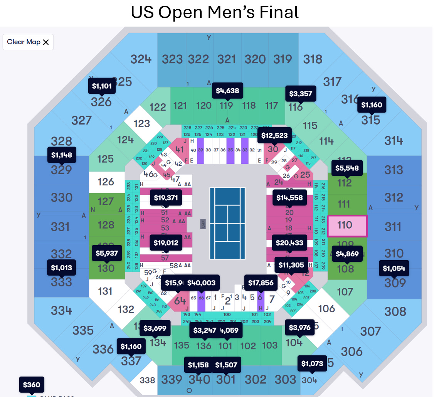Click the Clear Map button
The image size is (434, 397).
[x=28, y=42]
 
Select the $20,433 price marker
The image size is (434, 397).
[x=289, y=243]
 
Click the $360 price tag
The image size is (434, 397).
[x=31, y=384]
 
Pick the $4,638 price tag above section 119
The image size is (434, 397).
[x=227, y=91]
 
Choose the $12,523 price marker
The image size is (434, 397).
[x=275, y=136]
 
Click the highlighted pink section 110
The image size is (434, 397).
[x=347, y=225]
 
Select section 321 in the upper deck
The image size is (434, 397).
[x=227, y=59]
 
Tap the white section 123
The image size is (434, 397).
[x=141, y=124]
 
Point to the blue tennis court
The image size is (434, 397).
[x=227, y=223]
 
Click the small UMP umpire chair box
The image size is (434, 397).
[x=203, y=224]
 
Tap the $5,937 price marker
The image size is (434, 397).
[x=107, y=253]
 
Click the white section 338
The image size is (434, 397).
[x=147, y=380]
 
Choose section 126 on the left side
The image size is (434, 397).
[x=106, y=182]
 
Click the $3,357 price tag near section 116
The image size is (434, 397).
[x=301, y=94]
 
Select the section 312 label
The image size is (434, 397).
[x=393, y=197]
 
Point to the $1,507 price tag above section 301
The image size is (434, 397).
[x=225, y=365]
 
